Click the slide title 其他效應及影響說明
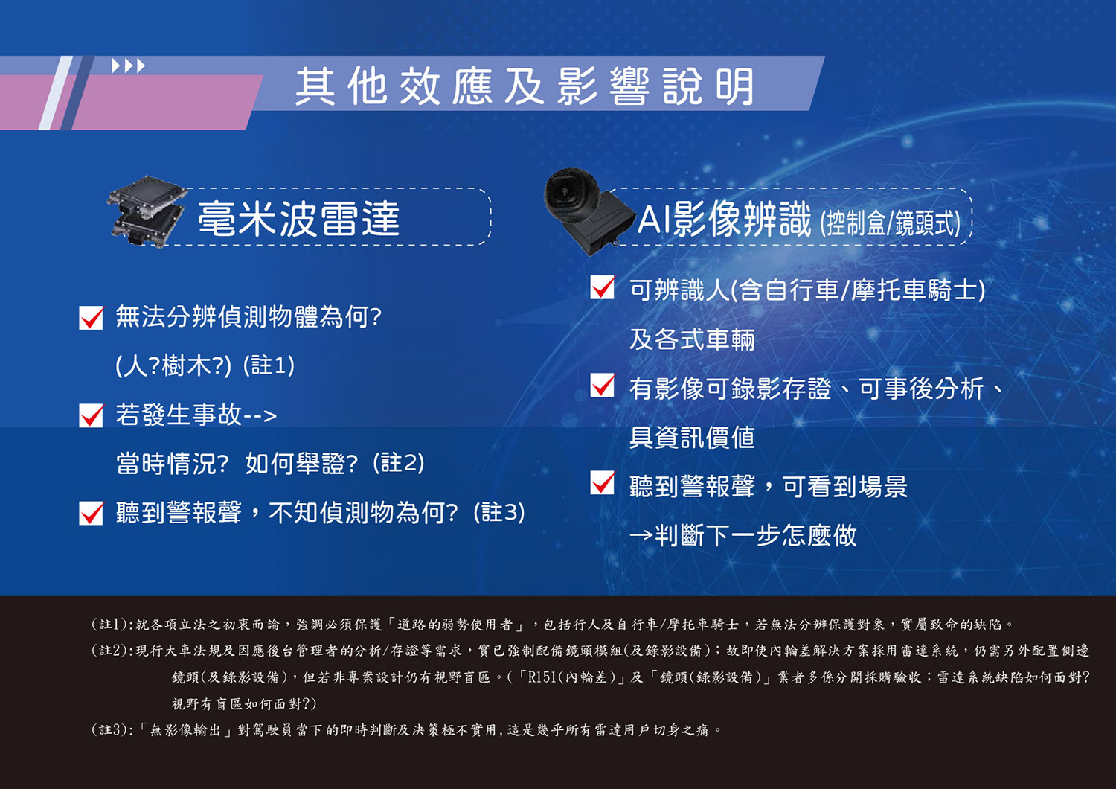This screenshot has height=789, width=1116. [525, 87]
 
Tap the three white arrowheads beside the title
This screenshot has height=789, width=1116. [128, 66]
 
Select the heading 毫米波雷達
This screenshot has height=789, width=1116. [298, 219]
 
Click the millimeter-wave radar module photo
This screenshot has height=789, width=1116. [147, 211]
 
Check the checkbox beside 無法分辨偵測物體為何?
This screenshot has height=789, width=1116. [92, 318]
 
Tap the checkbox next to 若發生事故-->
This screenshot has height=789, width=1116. [92, 415]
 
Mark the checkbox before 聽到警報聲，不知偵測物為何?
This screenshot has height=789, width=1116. [92, 513]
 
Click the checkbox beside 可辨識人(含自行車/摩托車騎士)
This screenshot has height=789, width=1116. [603, 287]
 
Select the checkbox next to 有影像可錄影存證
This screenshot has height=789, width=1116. [603, 386]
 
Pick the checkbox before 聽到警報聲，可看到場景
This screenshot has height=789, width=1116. [603, 482]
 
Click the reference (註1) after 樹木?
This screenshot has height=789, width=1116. [269, 365]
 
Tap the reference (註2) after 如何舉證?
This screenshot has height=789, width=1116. [399, 463]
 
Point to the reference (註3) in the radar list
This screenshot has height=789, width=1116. [499, 512]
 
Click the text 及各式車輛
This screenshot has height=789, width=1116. [692, 340]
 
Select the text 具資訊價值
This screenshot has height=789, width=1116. [692, 438]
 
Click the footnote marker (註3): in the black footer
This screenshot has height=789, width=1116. [112, 730]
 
